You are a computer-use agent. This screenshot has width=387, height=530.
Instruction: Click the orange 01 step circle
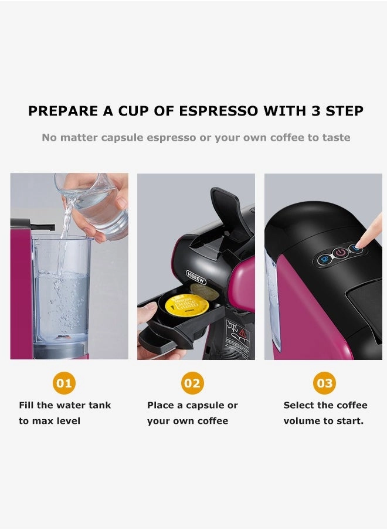(x=64, y=383)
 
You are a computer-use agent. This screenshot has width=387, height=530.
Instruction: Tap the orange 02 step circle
(x=192, y=383)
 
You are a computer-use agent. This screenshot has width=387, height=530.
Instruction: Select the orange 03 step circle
(x=324, y=383)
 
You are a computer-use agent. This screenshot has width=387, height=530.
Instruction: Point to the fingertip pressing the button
(x=359, y=245)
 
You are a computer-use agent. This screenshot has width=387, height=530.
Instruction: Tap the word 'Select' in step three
(x=300, y=405)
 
